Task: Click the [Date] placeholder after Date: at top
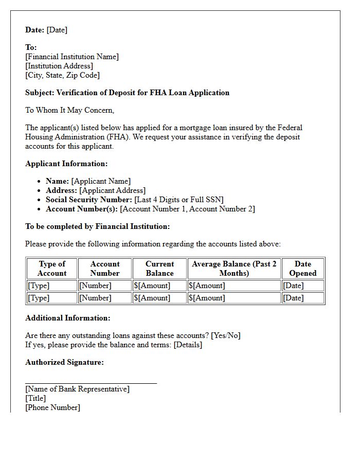[x=57, y=30]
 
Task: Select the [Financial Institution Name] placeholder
[x=72, y=57]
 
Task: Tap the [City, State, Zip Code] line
[x=62, y=75]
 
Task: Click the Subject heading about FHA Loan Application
[x=127, y=93]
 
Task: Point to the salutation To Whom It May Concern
[x=69, y=110]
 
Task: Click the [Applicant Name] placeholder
[x=101, y=181]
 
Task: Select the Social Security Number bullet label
[x=89, y=200]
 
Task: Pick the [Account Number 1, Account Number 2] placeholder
[x=187, y=209]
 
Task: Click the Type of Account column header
[x=52, y=269]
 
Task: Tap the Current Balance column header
[x=159, y=269]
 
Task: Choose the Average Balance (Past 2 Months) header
[x=234, y=269]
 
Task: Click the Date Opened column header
[x=303, y=269]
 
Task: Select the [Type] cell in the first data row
[x=39, y=286]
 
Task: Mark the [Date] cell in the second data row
[x=293, y=298]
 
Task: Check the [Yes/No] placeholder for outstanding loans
[x=226, y=335]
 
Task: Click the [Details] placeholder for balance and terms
[x=188, y=345]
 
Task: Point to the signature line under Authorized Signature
[x=91, y=383]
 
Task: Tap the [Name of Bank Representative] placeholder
[x=77, y=389]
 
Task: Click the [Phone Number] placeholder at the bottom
[x=52, y=407]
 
